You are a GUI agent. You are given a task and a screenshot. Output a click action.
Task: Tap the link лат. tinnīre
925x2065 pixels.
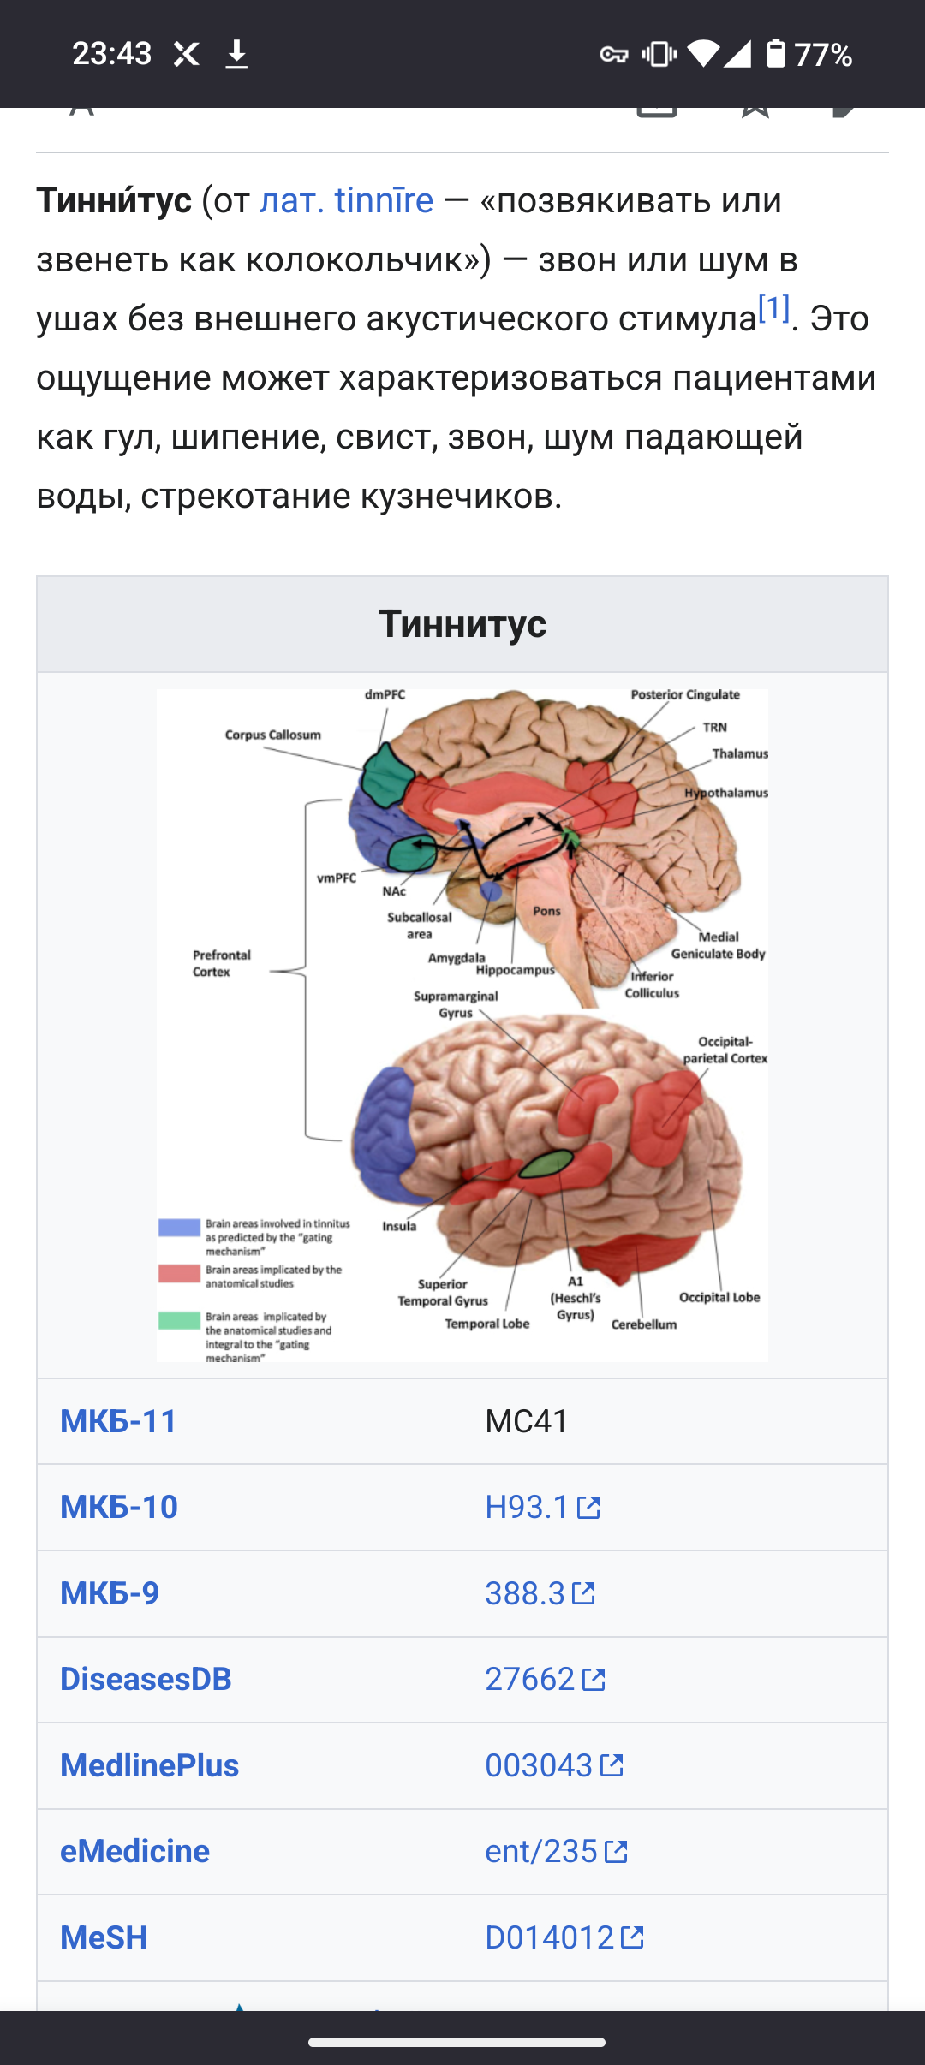[346, 201]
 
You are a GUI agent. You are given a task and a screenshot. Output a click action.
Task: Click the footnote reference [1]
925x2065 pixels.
[773, 308]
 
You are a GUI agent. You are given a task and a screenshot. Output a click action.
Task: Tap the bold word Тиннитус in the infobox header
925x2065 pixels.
[462, 623]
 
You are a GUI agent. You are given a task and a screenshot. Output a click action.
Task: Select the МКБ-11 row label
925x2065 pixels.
[118, 1421]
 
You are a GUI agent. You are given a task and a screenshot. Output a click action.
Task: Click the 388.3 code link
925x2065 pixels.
[525, 1593]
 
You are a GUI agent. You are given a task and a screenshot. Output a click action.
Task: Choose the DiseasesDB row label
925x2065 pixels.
[146, 1679]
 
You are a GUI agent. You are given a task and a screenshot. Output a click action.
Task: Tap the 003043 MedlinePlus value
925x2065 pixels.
[539, 1765]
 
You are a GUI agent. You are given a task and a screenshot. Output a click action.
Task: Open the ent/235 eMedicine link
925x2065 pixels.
[541, 1851]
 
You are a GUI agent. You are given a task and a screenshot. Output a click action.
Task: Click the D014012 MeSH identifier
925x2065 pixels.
[549, 1937]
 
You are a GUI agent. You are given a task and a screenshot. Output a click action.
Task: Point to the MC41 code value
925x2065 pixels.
[527, 1421]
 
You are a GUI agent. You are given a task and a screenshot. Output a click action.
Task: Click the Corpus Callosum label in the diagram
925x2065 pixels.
[272, 735]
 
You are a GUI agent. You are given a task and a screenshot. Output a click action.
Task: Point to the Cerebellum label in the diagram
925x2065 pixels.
[643, 1324]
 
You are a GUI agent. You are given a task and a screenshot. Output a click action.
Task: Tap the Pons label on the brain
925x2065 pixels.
[546, 911]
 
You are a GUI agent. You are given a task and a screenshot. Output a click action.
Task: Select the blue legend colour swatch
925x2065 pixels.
[179, 1228]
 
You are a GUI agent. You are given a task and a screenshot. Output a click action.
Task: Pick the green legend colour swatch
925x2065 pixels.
[179, 1320]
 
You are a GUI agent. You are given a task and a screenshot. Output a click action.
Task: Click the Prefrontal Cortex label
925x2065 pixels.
[221, 963]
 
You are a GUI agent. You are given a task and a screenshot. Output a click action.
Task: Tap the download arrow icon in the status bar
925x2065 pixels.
[236, 55]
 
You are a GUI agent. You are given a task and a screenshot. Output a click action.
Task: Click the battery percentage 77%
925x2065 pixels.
[822, 55]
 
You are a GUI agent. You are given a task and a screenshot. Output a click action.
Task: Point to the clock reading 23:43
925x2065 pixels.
[111, 54]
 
